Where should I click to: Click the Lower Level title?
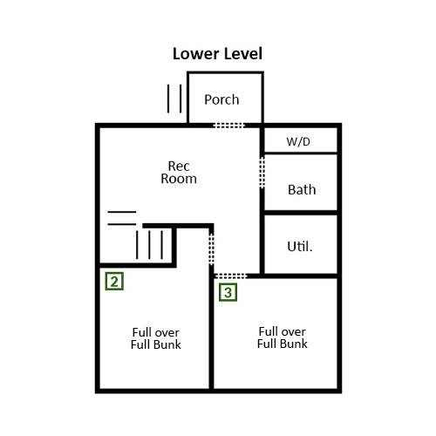tap(217, 54)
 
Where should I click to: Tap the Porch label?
tap(221, 99)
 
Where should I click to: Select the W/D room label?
tap(298, 141)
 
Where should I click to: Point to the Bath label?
tap(302, 190)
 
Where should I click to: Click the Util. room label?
tap(300, 247)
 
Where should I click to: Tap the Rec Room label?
tap(179, 173)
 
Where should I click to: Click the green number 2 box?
tap(114, 281)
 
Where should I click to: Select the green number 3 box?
tap(228, 292)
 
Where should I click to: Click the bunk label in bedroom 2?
tap(156, 338)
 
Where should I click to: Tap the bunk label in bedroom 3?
tap(283, 337)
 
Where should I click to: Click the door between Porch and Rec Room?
tap(228, 126)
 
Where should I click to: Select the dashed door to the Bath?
tap(262, 173)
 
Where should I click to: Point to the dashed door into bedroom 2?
tap(212, 249)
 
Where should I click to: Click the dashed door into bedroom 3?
tap(230, 276)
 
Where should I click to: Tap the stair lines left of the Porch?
tap(174, 99)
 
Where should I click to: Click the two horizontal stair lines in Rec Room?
tap(122, 218)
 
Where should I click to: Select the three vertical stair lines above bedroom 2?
tap(149, 244)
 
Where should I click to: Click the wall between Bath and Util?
tap(301, 213)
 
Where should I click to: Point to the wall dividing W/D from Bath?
tap(301, 153)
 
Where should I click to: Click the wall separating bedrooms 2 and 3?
tap(212, 327)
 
